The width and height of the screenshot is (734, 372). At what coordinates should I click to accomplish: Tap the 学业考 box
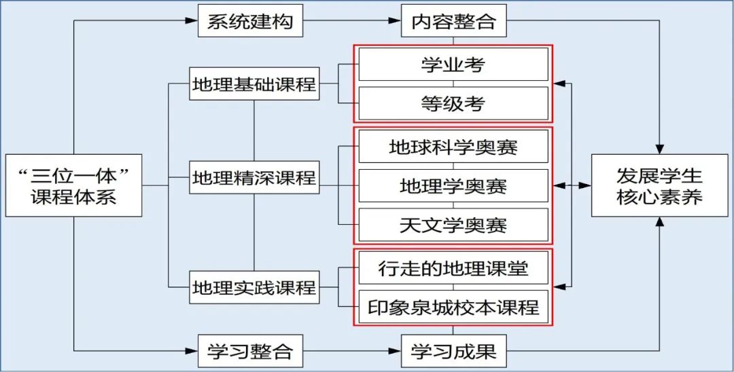(x=453, y=65)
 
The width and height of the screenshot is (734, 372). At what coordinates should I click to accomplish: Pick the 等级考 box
(x=453, y=103)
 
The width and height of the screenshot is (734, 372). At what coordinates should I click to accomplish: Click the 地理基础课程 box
(x=254, y=85)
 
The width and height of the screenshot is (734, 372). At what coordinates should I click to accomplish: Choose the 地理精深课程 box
(x=254, y=179)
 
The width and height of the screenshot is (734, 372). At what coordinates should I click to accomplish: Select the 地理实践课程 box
(x=254, y=286)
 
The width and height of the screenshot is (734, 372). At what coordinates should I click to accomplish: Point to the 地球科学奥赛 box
(x=453, y=147)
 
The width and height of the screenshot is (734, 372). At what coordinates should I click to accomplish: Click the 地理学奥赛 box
(x=453, y=185)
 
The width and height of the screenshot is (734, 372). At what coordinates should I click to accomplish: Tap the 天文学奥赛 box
(x=453, y=225)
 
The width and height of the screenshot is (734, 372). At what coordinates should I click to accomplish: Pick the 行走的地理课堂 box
(x=453, y=269)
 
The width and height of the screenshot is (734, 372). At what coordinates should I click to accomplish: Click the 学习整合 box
(x=249, y=352)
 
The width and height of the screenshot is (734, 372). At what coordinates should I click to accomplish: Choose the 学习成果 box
(x=453, y=352)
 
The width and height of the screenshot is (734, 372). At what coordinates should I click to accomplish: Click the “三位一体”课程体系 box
(x=74, y=186)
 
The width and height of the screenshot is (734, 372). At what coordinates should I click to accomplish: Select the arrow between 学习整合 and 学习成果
(x=351, y=352)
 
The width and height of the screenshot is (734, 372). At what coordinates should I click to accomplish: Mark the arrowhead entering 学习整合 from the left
(x=192, y=352)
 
